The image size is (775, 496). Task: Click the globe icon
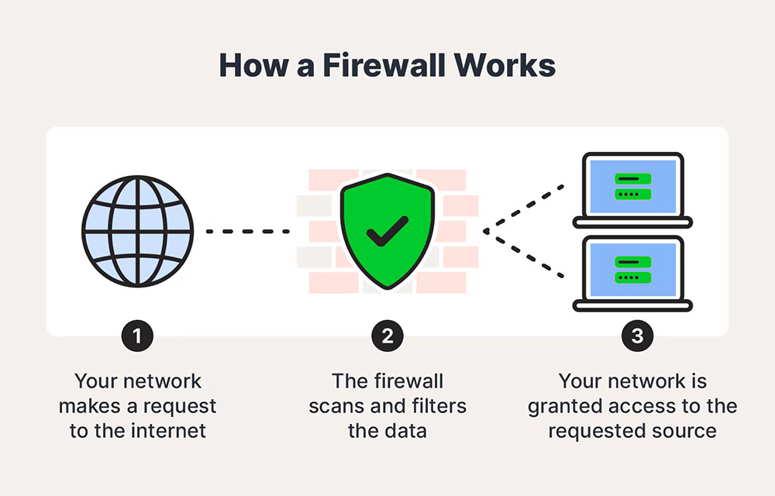click(138, 230)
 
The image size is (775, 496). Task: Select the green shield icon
click(387, 230)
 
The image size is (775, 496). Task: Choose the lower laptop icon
click(632, 273)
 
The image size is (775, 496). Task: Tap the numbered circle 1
click(138, 336)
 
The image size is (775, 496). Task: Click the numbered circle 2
click(387, 336)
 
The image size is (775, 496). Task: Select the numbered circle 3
click(637, 336)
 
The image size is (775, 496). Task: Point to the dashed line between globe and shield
click(247, 231)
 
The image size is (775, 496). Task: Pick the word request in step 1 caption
click(181, 406)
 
